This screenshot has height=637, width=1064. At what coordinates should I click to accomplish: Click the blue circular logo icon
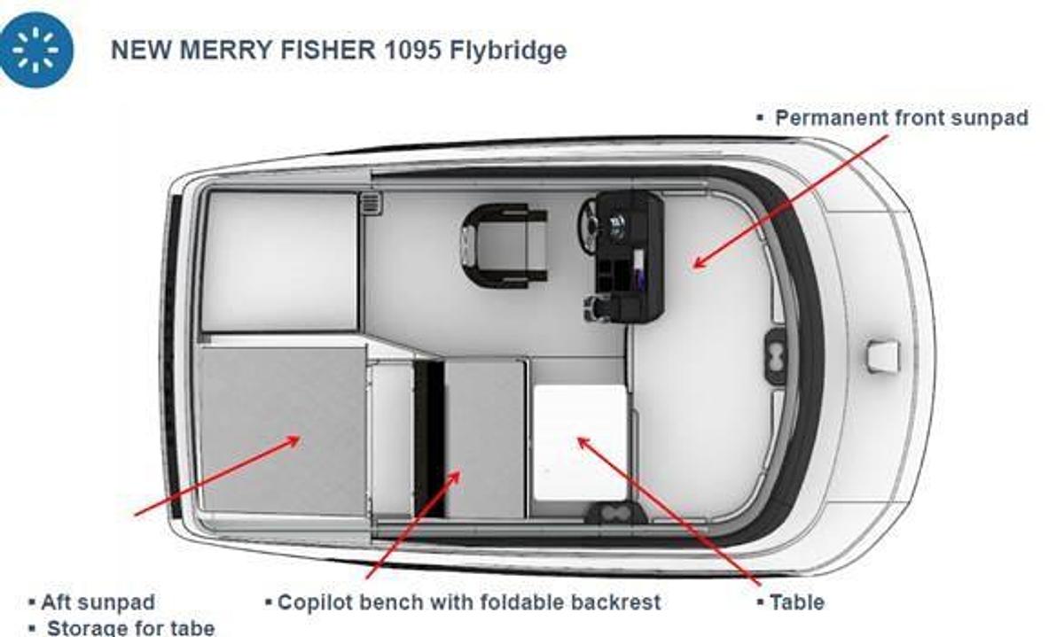pos(36,50)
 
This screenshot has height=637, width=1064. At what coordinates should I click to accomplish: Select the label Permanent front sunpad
pos(901,118)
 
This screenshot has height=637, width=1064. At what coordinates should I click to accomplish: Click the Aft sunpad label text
pos(98,602)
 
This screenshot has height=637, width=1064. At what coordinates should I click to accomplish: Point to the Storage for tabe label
pos(129,627)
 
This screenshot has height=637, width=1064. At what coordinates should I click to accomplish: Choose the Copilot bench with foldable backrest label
pos(469,602)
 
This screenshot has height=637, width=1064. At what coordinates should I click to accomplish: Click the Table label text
pos(796,602)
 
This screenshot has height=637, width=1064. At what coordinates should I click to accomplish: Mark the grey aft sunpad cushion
pos(283,430)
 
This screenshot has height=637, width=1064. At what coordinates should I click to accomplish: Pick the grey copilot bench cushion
pos(485,439)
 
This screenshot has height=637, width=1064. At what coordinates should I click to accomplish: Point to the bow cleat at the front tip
pos(883,356)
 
